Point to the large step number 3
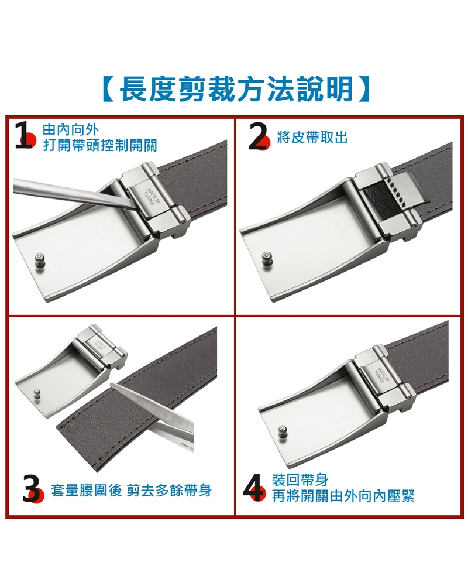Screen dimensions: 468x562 click(x=31, y=489)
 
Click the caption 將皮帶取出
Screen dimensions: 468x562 click(x=312, y=138)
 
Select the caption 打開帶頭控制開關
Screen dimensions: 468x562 click(x=100, y=146)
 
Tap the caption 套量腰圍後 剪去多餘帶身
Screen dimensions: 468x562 click(x=131, y=491)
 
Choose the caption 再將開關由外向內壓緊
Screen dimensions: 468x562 click(x=343, y=496)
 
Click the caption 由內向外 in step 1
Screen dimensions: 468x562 click(x=71, y=130)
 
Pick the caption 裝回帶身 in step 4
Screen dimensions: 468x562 click(x=300, y=480)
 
